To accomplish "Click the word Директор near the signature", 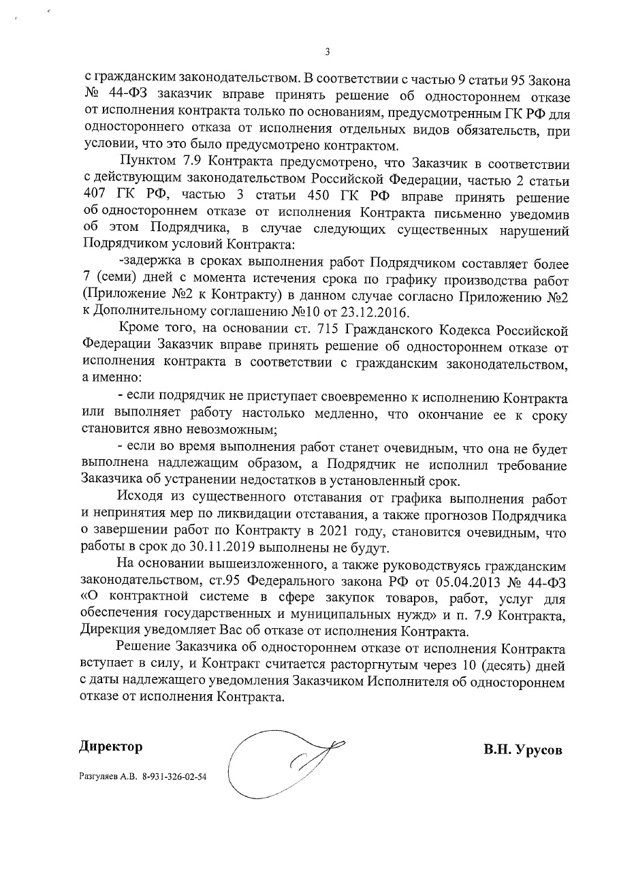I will [110, 747].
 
